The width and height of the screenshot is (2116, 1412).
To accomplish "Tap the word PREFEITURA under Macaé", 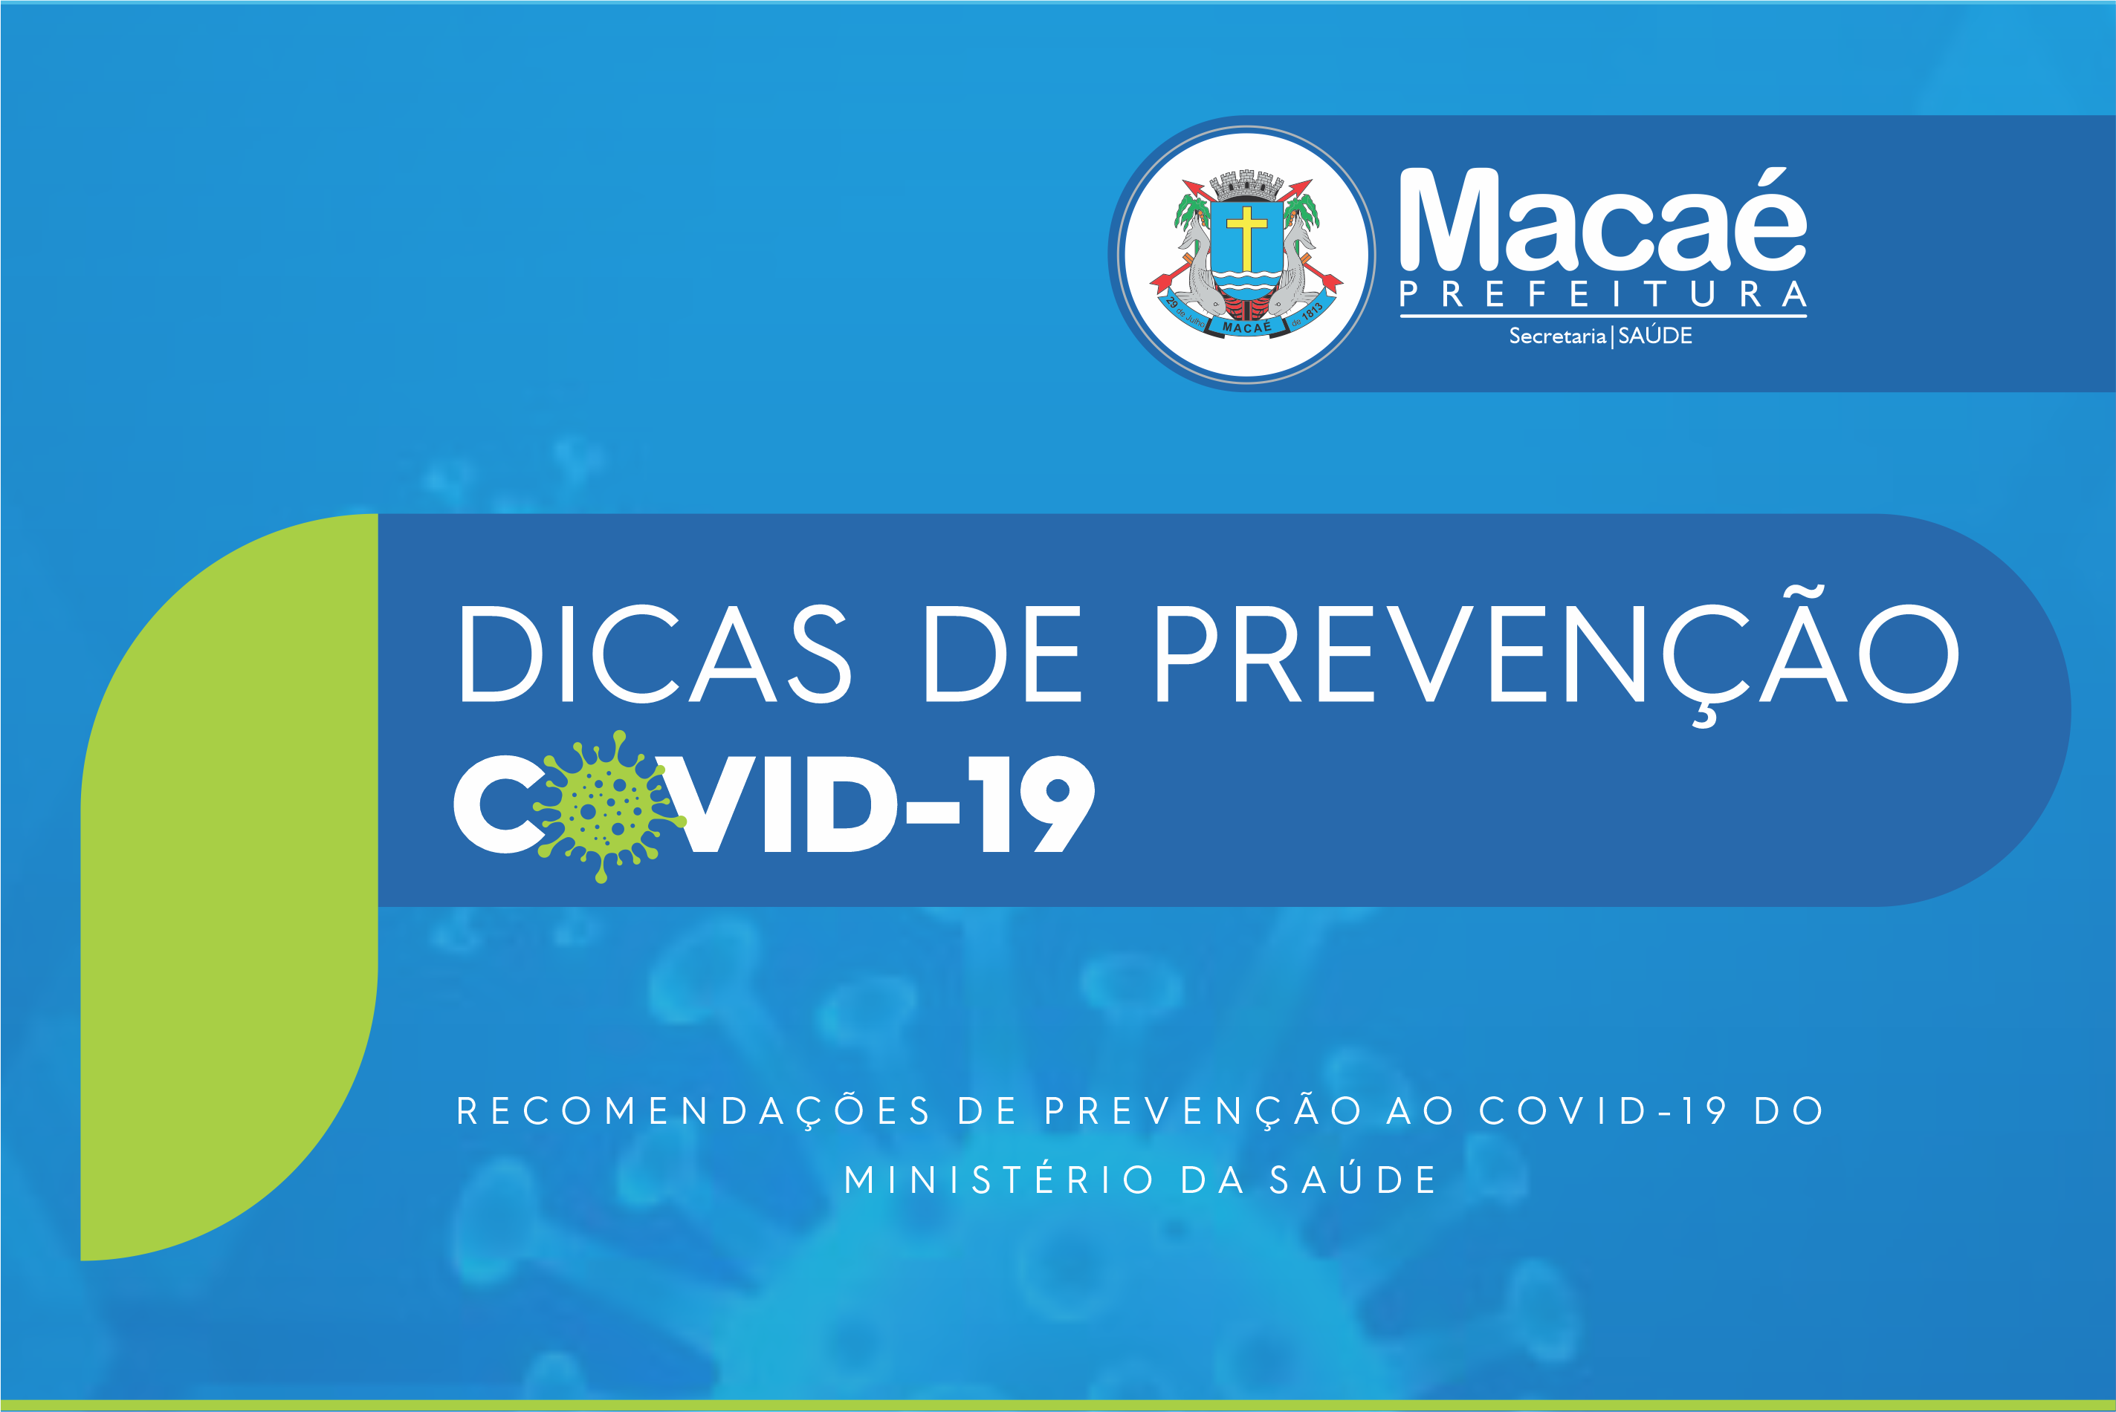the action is click(1602, 294).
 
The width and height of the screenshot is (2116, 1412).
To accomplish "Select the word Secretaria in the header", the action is click(1558, 336).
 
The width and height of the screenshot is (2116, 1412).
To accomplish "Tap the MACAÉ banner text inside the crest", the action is click(1246, 327).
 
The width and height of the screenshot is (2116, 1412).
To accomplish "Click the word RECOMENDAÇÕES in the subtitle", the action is click(693, 1110).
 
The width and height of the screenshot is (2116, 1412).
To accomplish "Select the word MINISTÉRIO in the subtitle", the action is click(998, 1180).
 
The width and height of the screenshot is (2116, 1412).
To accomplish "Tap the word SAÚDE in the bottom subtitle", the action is click(1352, 1179).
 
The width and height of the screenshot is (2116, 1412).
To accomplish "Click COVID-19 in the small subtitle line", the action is click(1602, 1110).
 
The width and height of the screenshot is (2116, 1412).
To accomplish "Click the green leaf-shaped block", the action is click(230, 887).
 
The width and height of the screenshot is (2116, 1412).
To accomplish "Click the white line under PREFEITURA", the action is click(1602, 316).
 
